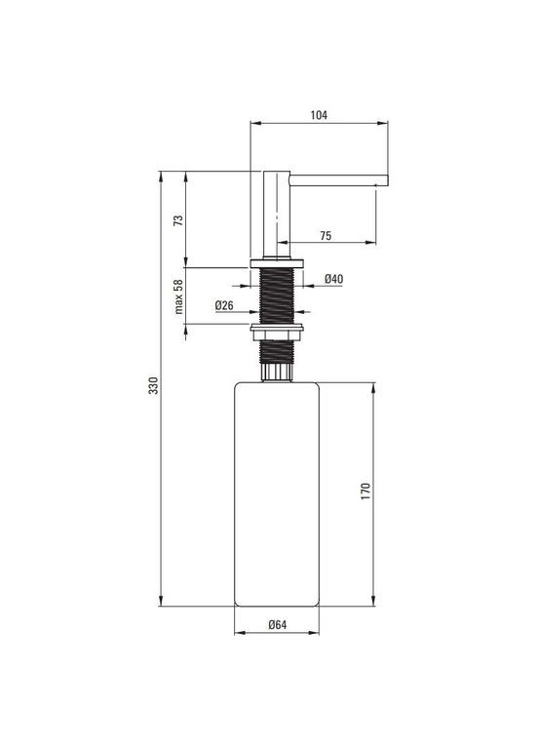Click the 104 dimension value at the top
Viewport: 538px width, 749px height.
pos(319,114)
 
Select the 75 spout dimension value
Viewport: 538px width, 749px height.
pos(325,234)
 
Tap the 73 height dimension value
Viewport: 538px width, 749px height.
pos(177,219)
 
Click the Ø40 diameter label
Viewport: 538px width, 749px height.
pos(332,279)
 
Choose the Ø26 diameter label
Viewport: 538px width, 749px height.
pos(223,305)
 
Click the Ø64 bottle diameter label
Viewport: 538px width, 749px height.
pos(277,626)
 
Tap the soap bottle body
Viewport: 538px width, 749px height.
pos(277,493)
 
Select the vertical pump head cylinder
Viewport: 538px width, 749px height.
pos(277,215)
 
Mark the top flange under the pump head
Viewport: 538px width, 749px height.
pos(278,263)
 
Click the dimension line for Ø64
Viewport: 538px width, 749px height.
pos(277,635)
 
